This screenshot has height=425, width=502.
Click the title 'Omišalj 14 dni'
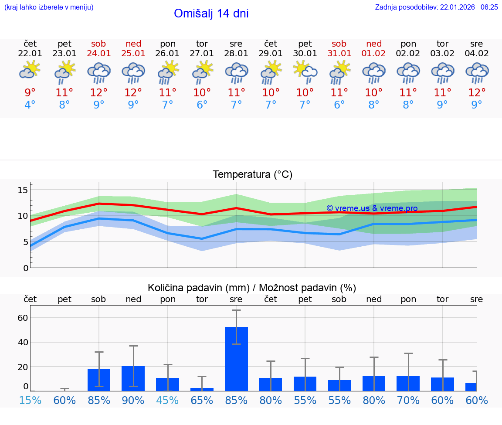coord(211,14)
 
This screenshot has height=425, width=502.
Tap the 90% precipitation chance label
coord(133,400)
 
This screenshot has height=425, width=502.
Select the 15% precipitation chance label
coord(30,400)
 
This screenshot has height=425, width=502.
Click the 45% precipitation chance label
coord(168,400)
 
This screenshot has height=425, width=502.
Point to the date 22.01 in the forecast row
coord(30,54)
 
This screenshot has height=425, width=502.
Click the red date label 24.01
coord(99,54)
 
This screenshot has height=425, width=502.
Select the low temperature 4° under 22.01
coord(30,105)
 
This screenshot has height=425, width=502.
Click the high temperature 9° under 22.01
coord(30,93)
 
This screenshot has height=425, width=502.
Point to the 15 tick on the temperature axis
coord(23,190)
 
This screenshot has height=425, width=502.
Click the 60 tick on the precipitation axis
coord(23,317)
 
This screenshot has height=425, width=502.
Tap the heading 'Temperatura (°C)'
coord(252,175)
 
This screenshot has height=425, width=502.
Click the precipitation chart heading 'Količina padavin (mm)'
coord(198,288)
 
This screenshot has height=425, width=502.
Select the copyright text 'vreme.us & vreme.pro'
coord(372,208)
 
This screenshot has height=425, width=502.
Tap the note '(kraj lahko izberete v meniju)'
coord(49,7)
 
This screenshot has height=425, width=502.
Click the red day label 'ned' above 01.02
coord(374,44)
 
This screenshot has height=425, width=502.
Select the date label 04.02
coord(477,54)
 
